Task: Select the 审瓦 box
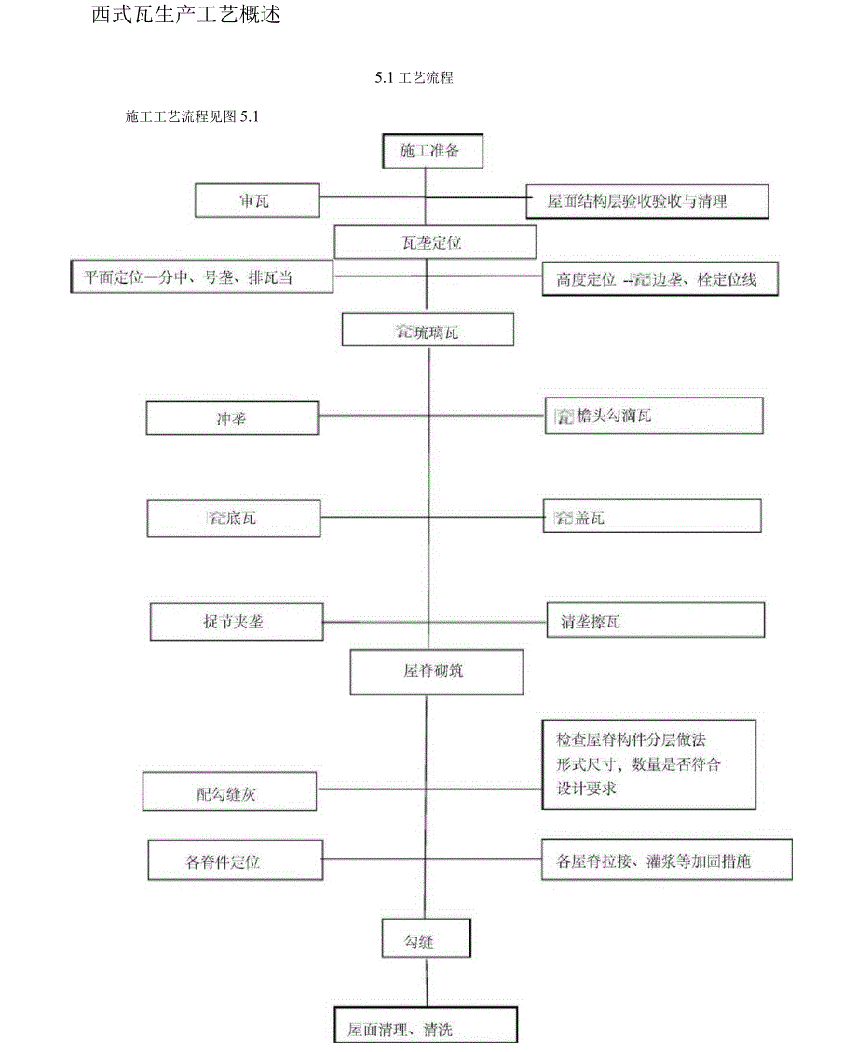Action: tap(256, 200)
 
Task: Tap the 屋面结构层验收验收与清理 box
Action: tap(646, 201)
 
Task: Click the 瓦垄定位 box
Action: tap(435, 243)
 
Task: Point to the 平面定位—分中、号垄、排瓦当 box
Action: tap(201, 276)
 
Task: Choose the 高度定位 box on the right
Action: tap(660, 279)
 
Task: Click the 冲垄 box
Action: tap(232, 419)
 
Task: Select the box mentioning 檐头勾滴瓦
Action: tap(654, 415)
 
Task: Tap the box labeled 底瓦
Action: tap(234, 518)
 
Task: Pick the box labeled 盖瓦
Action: tap(652, 517)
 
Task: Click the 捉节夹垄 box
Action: tap(238, 622)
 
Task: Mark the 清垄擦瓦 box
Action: tap(656, 621)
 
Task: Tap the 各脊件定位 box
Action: tap(236, 861)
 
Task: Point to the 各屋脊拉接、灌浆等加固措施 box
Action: tap(667, 860)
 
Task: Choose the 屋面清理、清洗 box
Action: tap(425, 1029)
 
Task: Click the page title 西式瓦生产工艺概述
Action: tap(186, 16)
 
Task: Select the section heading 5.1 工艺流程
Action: tap(415, 79)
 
